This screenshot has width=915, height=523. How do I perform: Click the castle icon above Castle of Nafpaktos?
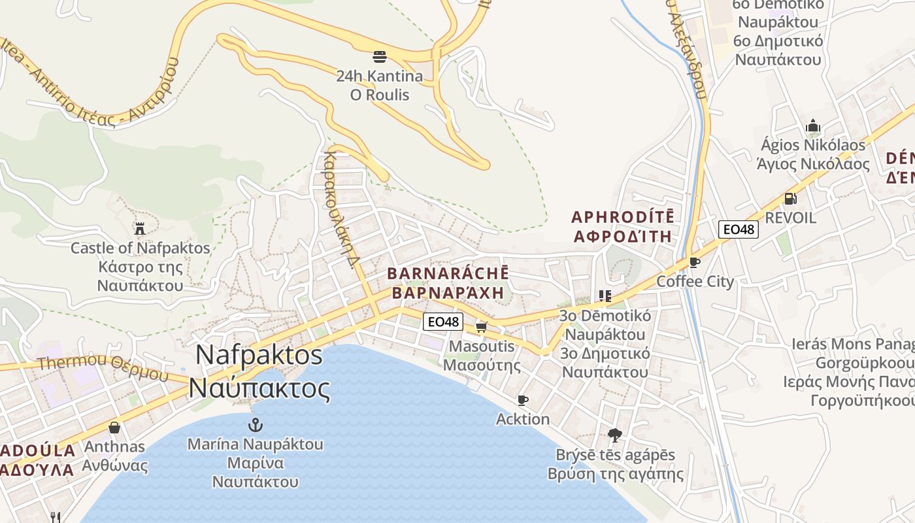tap(139, 228)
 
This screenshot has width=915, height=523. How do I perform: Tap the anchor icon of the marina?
tap(256, 425)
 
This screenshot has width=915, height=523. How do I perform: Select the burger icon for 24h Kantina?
tap(380, 56)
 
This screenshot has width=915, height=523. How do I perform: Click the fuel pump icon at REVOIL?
tap(790, 198)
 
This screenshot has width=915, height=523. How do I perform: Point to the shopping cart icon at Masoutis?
tap(482, 326)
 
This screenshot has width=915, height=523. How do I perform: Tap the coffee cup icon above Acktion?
tap(523, 400)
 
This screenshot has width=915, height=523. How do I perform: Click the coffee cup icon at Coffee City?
tap(695, 263)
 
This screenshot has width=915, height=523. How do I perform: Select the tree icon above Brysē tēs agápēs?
tap(615, 435)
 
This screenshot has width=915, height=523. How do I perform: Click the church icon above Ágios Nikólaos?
tap(813, 125)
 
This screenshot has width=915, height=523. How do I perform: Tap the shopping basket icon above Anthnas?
tap(114, 428)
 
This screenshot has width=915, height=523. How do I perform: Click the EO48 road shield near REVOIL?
tap(738, 229)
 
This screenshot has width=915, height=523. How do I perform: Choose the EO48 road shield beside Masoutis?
tap(443, 322)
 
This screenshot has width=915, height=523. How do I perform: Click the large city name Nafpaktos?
tap(259, 355)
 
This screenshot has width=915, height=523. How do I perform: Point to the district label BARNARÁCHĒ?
tap(448, 273)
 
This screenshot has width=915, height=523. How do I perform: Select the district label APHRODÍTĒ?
tap(623, 217)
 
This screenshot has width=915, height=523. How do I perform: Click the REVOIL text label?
tap(790, 218)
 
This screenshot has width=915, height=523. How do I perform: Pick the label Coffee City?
tap(695, 282)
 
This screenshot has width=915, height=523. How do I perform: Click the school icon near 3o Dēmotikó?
tap(605, 296)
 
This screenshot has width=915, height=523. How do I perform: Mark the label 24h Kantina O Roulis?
tap(380, 86)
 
